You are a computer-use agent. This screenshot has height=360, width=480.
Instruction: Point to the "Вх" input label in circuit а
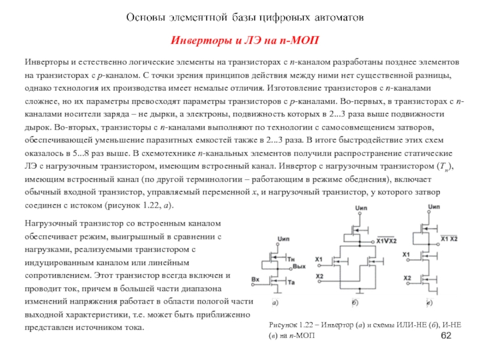point(256,280)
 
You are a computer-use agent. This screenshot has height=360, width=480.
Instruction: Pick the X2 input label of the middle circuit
point(319,276)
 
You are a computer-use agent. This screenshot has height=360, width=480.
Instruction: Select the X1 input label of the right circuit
point(406,255)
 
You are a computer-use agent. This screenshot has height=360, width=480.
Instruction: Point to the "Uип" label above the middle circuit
point(360,208)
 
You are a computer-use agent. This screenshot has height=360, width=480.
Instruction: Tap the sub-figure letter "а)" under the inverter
point(274,303)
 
